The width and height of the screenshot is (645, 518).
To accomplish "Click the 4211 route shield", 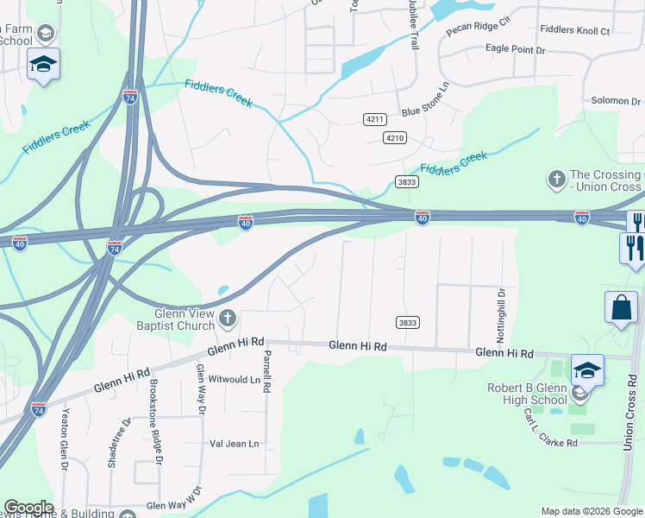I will pyautogui.click(x=374, y=118).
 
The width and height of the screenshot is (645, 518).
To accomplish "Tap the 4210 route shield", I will pyautogui.click(x=395, y=138).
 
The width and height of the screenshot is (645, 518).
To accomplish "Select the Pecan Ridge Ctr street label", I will pyautogui.click(x=479, y=25).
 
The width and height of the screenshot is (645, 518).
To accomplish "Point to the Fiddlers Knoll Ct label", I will pyautogui.click(x=574, y=30).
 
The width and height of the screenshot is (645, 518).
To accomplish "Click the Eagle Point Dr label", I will pyautogui.click(x=516, y=50).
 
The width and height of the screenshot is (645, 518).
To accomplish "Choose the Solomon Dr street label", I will pyautogui.click(x=616, y=101).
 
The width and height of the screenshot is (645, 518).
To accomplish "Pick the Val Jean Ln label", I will pyautogui.click(x=234, y=444).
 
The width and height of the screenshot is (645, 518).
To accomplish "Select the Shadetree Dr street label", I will pyautogui.click(x=112, y=443).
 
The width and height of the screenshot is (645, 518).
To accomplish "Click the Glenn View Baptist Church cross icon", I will pyautogui.click(x=228, y=319).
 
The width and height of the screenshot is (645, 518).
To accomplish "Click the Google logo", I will pyautogui.click(x=28, y=509).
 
